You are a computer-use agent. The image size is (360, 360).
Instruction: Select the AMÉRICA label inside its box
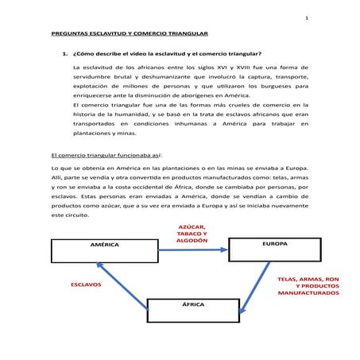(104, 245)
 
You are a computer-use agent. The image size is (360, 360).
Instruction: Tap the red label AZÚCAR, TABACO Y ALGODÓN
(192, 233)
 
